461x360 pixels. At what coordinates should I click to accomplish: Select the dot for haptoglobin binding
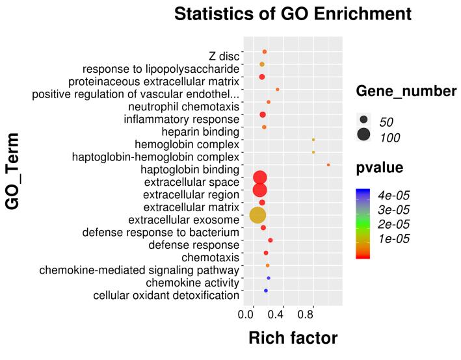(328, 165)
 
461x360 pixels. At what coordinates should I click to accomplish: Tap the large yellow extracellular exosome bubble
(258, 215)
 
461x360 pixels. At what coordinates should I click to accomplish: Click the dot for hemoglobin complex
(313, 140)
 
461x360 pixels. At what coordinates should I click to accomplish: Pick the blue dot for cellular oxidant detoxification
(266, 290)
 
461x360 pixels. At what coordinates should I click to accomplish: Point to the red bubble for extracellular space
(260, 177)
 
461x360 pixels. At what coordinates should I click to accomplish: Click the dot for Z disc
(265, 51)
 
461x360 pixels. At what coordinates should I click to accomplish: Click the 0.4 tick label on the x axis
(276, 315)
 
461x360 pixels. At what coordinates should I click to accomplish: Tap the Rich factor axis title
(293, 339)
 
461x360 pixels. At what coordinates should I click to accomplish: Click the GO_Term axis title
(13, 171)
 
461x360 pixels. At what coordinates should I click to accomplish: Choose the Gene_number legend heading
(406, 92)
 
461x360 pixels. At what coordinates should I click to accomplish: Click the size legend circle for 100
(363, 135)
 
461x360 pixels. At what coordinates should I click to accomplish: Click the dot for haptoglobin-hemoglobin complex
(313, 152)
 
